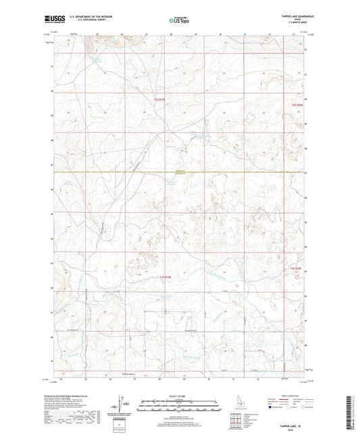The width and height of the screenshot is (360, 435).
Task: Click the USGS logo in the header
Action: pyautogui.click(x=51, y=20)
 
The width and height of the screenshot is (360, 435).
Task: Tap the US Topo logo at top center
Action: pyautogui.click(x=179, y=21)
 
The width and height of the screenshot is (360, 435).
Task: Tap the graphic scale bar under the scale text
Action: pyautogui.click(x=180, y=407)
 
